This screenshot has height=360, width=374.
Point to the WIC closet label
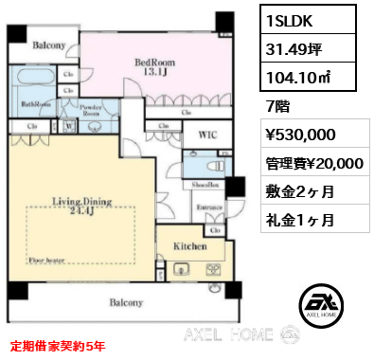coord(208,135)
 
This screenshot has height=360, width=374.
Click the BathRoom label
coord(36,105)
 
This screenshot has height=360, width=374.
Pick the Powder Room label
coord(92,110)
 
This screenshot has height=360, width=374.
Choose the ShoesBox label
coord(207,186)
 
